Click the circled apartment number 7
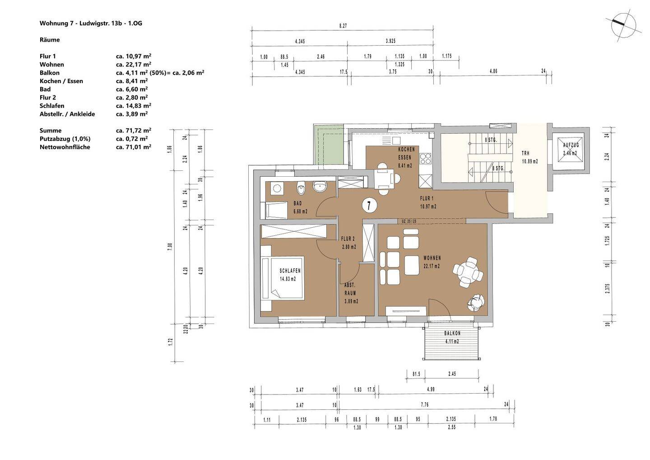[369, 206]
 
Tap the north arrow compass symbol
[623, 25]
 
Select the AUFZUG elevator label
[571, 145]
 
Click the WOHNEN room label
[432, 258]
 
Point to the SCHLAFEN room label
[290, 271]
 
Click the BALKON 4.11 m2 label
[452, 338]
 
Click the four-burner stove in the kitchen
[426, 159]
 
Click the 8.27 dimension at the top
[343, 26]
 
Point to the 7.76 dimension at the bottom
[424, 404]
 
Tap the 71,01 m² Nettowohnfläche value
[134, 147]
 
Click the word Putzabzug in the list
[55, 139]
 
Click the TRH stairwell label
[525, 153]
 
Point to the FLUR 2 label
[348, 239]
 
